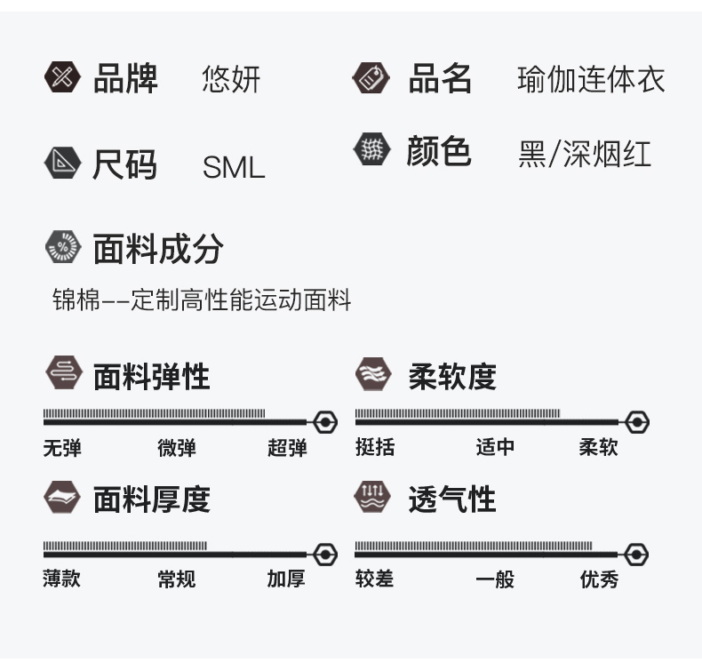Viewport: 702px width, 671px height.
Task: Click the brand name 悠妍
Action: (231, 81)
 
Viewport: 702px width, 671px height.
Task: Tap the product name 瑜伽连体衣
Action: (591, 81)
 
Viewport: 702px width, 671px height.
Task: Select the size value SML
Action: (234, 167)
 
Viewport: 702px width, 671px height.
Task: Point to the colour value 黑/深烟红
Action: (585, 154)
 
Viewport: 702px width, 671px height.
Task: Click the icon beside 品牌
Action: (62, 77)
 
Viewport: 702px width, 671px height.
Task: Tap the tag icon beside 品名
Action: (371, 78)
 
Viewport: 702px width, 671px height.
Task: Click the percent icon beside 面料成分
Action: (62, 247)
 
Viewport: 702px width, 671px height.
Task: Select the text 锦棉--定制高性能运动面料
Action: (202, 300)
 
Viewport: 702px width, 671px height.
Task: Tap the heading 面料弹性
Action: (152, 376)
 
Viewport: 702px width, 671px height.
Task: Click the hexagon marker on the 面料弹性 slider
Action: (325, 421)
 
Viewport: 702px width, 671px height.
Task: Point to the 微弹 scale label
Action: (177, 448)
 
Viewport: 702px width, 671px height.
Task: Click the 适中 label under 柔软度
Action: (495, 447)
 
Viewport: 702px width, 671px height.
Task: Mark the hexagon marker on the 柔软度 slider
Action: (637, 421)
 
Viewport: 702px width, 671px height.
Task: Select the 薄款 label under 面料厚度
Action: (62, 579)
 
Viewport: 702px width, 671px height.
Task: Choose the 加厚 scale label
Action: (286, 579)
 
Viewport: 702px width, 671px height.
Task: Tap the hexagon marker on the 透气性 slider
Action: (636, 555)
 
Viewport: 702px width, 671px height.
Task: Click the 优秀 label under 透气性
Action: (599, 579)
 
